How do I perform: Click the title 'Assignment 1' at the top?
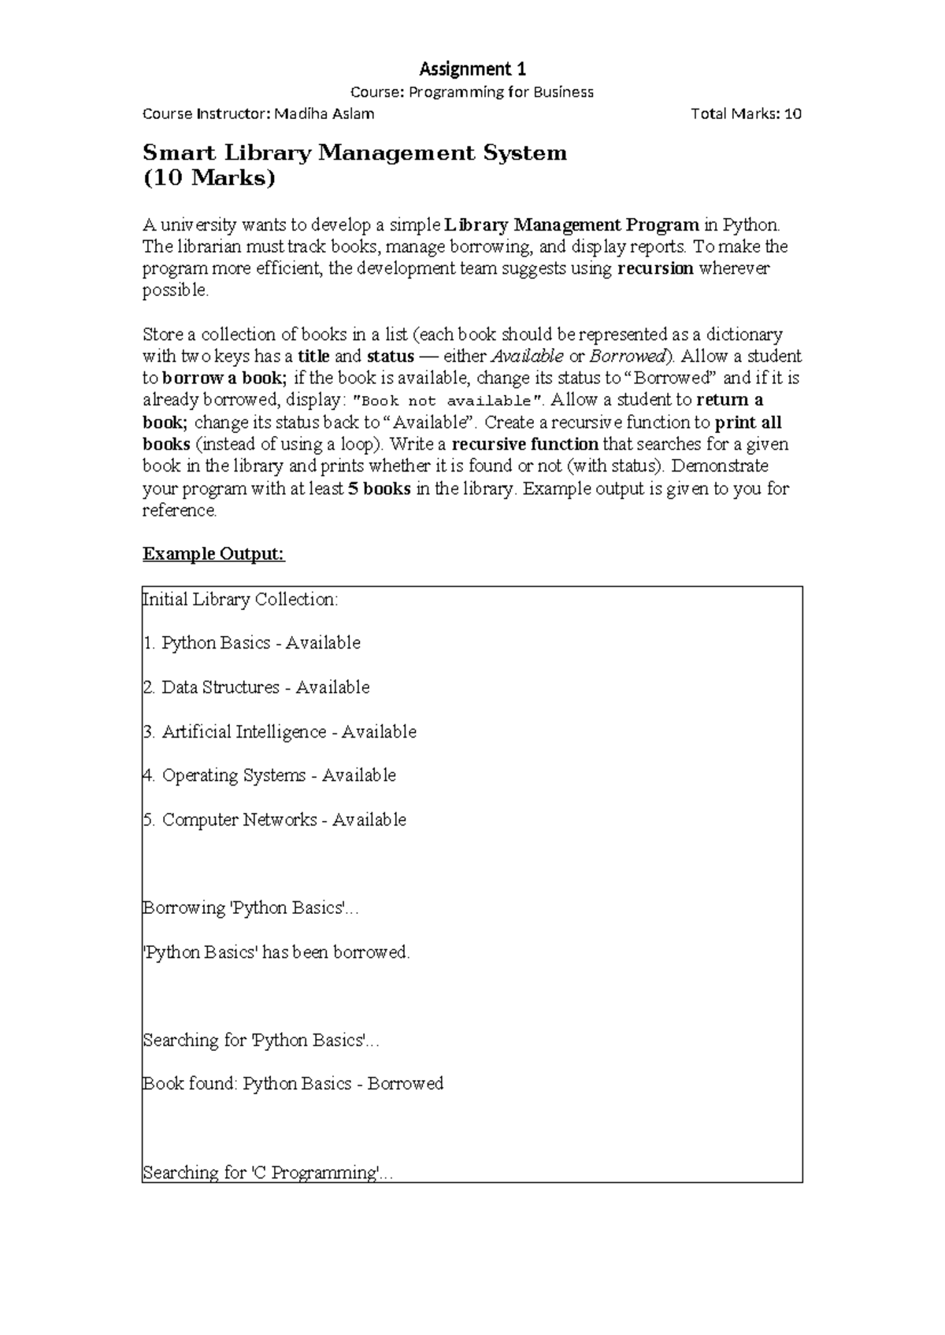472,68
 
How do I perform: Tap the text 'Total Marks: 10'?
746,114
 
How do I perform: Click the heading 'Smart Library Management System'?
354,153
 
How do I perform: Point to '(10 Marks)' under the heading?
209,179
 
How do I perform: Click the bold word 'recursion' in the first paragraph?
655,268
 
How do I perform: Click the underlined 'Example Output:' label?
213,554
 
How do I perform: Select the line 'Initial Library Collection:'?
240,600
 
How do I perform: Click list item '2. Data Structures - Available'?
257,688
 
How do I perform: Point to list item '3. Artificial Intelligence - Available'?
280,732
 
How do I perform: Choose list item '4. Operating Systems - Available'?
270,776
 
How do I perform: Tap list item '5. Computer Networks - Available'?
275,820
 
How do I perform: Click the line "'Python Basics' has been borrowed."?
277,952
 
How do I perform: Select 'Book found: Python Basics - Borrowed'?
293,1084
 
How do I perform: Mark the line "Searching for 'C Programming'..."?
268,1173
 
